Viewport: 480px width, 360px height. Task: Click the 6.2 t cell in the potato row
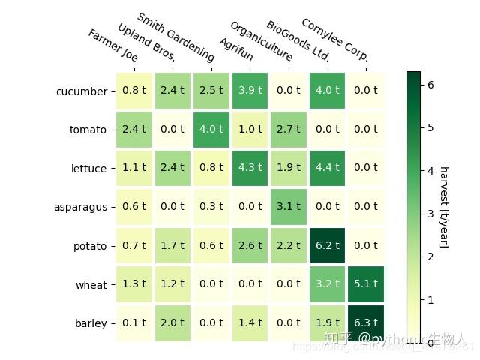(327, 245)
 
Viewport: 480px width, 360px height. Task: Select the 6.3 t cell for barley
(365, 322)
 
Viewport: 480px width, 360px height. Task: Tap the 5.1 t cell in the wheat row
(365, 284)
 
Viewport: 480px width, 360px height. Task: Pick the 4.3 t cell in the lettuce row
(250, 168)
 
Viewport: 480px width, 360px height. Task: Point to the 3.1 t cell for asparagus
(288, 207)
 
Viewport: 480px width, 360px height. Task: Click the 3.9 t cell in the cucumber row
(250, 91)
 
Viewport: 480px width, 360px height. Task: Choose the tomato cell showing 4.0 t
(211, 129)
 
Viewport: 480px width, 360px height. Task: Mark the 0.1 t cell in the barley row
(134, 322)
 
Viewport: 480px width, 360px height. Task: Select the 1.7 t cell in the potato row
(172, 245)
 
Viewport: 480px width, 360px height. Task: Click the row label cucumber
(81, 91)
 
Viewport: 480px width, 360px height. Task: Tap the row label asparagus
(80, 208)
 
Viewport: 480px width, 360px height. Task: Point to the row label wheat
(91, 285)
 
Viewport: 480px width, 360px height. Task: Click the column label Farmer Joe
(112, 46)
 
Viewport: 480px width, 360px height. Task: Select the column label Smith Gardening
(175, 36)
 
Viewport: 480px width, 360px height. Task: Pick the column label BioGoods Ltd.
(298, 40)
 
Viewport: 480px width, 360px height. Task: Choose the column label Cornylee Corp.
(334, 40)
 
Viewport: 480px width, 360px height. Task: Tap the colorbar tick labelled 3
(430, 214)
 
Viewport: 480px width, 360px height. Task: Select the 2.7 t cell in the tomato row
(288, 129)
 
